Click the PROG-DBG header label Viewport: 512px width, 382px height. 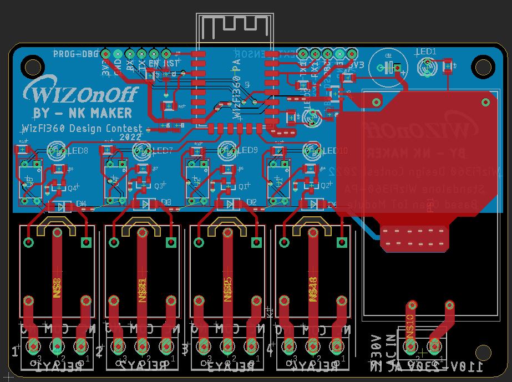75,54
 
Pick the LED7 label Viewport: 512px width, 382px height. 162,151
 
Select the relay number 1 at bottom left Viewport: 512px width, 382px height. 15,351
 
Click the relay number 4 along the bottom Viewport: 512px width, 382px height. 270,350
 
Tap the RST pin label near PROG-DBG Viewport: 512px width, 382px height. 172,64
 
